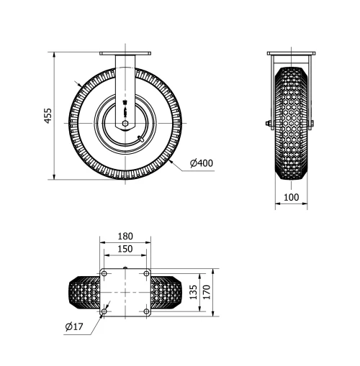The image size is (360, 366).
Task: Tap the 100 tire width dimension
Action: pyautogui.click(x=291, y=197)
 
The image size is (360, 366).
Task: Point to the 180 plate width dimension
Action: pyautogui.click(x=125, y=236)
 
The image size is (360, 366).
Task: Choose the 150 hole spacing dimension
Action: pyautogui.click(x=125, y=249)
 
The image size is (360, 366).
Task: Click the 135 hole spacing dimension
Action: pyautogui.click(x=192, y=292)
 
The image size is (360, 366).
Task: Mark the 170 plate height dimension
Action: pyautogui.click(x=206, y=292)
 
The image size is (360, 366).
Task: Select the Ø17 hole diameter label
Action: pyautogui.click(x=75, y=326)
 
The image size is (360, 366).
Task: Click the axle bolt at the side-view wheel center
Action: pyautogui.click(x=125, y=123)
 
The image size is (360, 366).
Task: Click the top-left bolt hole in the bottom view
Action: pyautogui.click(x=104, y=274)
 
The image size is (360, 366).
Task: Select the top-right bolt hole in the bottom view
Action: pyautogui.click(x=146, y=274)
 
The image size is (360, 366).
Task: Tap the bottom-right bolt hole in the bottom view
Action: pyautogui.click(x=146, y=311)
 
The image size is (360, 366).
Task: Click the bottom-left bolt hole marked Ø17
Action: pyautogui.click(x=104, y=311)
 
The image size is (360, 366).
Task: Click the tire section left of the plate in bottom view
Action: pyautogui.click(x=84, y=293)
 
